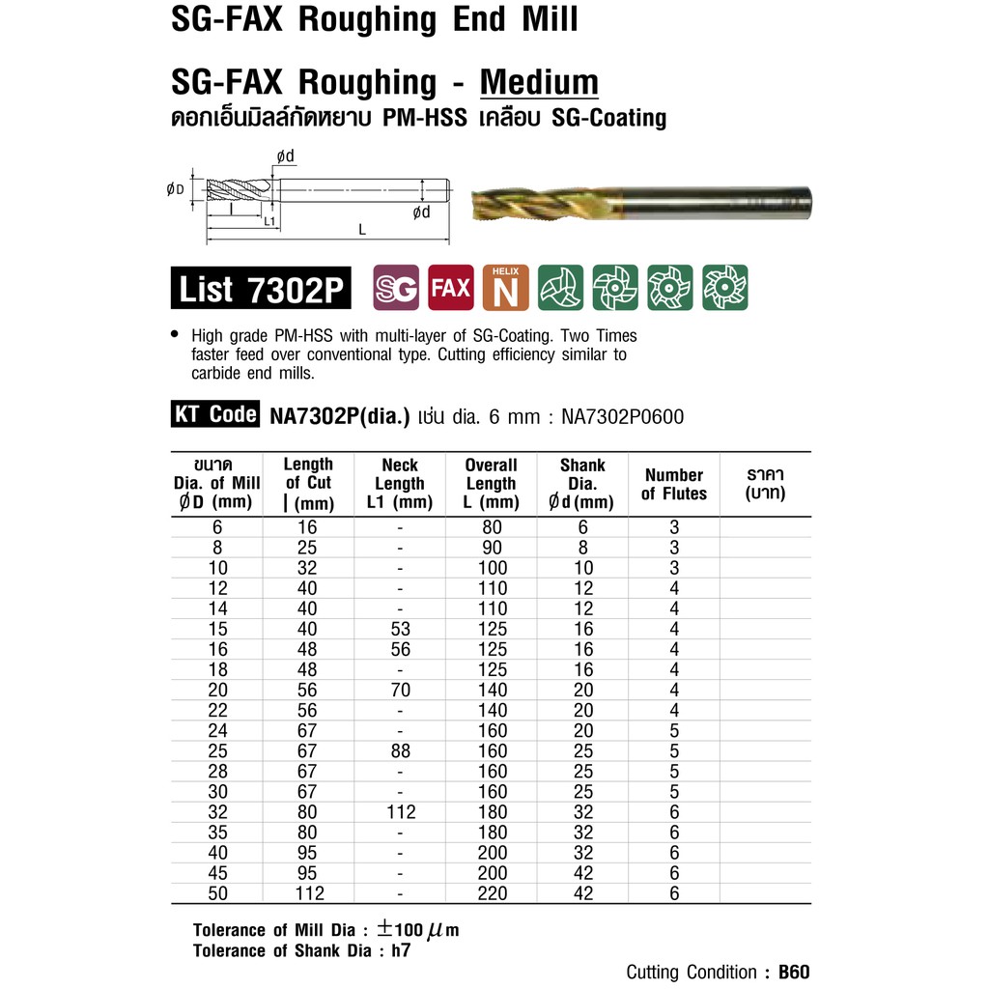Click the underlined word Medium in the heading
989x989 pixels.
tap(539, 82)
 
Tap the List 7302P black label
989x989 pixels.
tap(262, 289)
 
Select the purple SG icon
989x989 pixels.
tap(396, 288)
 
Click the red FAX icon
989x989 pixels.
tap(451, 288)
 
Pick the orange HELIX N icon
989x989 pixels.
tap(505, 288)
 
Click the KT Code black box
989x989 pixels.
tap(215, 415)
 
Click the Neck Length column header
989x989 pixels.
tap(399, 483)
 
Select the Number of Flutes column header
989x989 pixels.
tap(673, 484)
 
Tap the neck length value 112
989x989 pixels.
tap(399, 812)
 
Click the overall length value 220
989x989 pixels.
tap(492, 893)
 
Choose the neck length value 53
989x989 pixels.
tap(399, 629)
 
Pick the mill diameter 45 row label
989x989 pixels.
tap(216, 873)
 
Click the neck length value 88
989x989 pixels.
tap(399, 751)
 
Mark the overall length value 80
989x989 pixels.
tap(492, 527)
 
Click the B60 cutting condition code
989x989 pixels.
tap(794, 972)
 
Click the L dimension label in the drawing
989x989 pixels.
tap(362, 231)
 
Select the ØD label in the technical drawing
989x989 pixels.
tap(175, 189)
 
